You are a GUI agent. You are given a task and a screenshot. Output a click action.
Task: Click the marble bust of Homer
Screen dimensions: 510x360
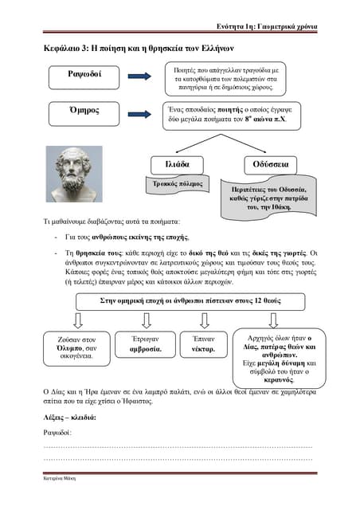coord(79,174)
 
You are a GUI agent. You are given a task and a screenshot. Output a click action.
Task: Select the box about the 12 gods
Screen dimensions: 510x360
coord(179,301)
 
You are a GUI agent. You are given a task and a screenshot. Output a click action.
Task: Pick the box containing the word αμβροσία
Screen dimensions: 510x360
coord(146,344)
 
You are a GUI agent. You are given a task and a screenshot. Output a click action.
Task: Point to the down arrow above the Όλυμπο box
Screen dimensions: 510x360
coord(78,320)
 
